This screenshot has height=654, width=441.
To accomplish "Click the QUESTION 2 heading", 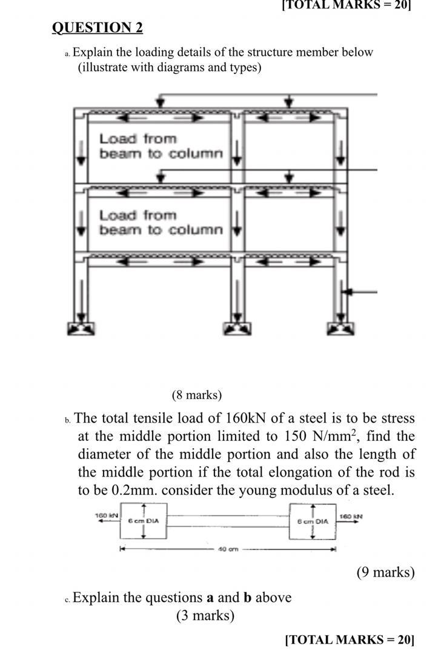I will (98, 28).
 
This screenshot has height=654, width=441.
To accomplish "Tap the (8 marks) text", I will (197, 395).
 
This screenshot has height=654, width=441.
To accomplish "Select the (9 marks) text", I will (386, 572).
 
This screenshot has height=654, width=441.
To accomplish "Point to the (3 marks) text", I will (205, 616).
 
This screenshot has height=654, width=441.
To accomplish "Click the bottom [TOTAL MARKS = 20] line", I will (350, 639).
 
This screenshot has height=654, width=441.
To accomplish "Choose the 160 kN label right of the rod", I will (349, 516).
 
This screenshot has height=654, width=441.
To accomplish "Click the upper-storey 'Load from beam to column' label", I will (161, 147).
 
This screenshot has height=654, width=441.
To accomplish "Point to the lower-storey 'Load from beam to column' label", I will (161, 223).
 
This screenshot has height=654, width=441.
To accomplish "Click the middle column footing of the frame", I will (237, 328).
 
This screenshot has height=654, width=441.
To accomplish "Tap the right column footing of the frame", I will (340, 328).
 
